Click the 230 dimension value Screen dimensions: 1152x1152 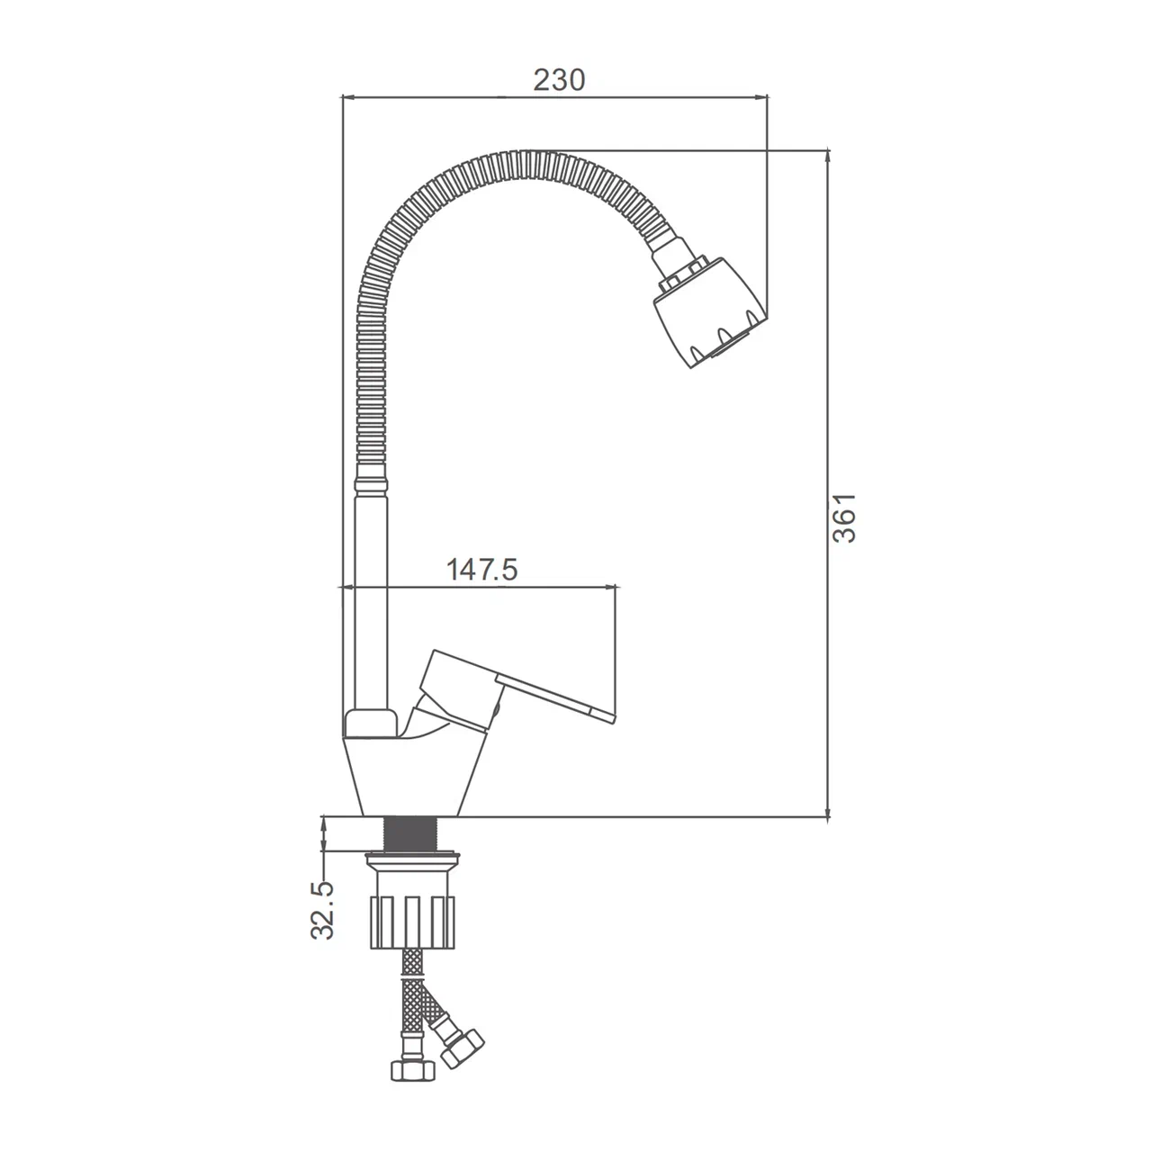click(x=559, y=80)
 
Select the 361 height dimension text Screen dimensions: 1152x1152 click(x=844, y=517)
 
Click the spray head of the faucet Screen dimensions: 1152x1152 click(x=709, y=311)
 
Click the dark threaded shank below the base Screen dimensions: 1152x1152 click(x=411, y=834)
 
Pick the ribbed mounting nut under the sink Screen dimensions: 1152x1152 click(x=412, y=921)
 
